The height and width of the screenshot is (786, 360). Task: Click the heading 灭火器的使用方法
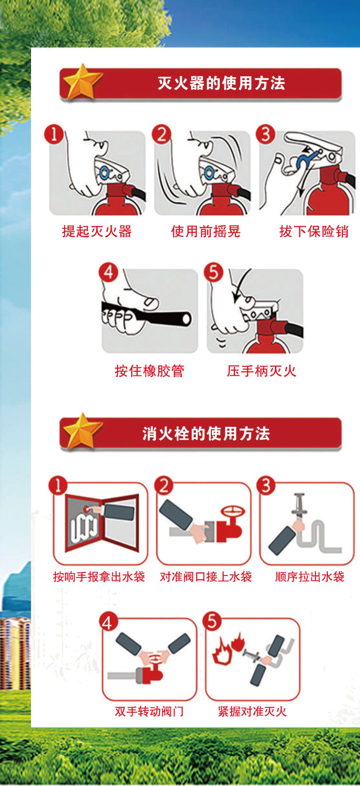[x=221, y=83]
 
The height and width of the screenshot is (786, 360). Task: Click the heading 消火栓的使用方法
[x=206, y=433]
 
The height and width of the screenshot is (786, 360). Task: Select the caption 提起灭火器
[x=97, y=231]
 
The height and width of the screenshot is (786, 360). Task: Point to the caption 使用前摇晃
[x=206, y=231]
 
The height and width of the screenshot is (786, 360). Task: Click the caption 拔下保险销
[x=314, y=231]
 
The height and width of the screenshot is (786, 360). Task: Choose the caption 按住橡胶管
[x=149, y=371]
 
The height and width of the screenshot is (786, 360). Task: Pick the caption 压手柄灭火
[x=261, y=371]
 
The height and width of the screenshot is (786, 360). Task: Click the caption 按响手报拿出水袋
[x=99, y=576]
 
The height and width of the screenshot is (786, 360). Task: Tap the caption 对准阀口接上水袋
[x=206, y=576]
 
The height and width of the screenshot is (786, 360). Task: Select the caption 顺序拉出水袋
[x=310, y=576]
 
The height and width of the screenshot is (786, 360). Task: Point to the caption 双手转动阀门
[x=149, y=711]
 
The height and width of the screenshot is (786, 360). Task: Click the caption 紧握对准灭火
[x=252, y=711]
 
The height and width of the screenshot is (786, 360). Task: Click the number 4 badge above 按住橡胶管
[x=109, y=272]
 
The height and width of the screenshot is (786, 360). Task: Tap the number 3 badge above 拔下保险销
[x=266, y=134]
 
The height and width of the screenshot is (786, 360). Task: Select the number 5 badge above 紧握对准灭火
[x=212, y=621]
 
